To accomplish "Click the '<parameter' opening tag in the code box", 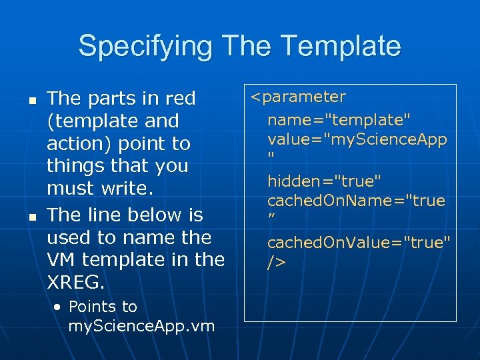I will (298, 97).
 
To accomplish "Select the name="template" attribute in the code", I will (339, 120).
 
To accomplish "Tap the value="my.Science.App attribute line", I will (357, 139).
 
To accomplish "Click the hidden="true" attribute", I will (325, 181).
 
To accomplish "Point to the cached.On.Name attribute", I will (356, 201).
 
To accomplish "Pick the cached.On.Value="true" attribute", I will (359, 243).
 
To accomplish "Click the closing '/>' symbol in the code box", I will (276, 263).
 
